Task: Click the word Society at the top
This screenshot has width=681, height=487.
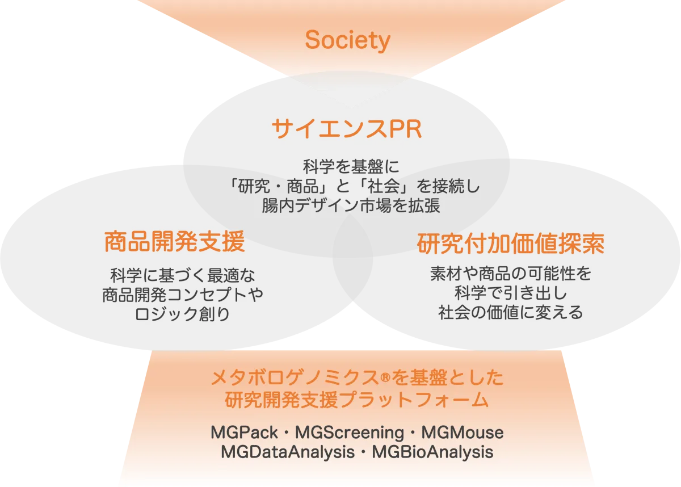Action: [347, 40]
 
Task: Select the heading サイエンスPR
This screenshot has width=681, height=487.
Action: [347, 129]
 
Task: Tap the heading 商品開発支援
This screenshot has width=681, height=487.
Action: [175, 241]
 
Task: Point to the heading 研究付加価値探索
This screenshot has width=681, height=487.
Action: [511, 244]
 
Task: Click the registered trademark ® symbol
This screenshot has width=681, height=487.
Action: [385, 378]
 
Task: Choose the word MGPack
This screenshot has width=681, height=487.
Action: [244, 433]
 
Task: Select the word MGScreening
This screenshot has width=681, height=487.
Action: [350, 433]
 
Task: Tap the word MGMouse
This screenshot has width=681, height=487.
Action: [463, 433]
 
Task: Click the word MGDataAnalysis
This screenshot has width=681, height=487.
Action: [288, 452]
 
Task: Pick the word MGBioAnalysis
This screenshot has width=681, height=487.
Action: [432, 452]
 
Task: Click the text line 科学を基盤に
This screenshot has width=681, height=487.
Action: [351, 166]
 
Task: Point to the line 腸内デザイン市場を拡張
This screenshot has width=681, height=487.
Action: [351, 205]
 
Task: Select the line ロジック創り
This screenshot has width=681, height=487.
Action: [182, 314]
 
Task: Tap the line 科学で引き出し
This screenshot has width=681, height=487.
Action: [511, 293]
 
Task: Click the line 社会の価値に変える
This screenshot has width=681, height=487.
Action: [511, 312]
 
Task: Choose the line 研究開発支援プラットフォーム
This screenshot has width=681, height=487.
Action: [357, 400]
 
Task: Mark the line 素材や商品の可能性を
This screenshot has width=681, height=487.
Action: [511, 273]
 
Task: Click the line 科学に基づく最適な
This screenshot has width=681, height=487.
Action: [182, 275]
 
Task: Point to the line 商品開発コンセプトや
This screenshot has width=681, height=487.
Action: [182, 295]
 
